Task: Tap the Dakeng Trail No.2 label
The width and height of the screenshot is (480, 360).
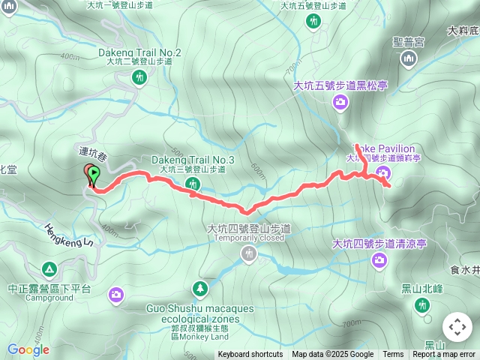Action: [139, 52]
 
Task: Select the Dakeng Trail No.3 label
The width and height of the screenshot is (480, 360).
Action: [193, 160]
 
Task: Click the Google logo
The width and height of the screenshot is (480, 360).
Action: [28, 349]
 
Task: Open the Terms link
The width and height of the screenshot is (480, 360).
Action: [393, 355]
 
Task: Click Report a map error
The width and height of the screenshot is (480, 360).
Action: [445, 355]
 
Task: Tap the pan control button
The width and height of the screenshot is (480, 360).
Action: [457, 327]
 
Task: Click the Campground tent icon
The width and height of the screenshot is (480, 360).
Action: [49, 268]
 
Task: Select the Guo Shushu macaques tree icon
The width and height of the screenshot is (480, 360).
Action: [199, 288]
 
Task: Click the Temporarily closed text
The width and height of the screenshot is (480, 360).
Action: [249, 238]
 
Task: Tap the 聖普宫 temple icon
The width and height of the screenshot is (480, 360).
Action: [409, 60]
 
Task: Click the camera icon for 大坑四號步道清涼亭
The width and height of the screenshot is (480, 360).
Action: [379, 260]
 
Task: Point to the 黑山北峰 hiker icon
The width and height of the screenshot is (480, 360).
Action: [422, 304]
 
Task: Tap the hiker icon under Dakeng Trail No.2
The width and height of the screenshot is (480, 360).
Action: [139, 77]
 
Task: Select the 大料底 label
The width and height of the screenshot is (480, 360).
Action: [463, 31]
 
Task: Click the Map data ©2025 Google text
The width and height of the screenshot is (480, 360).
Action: [332, 355]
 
